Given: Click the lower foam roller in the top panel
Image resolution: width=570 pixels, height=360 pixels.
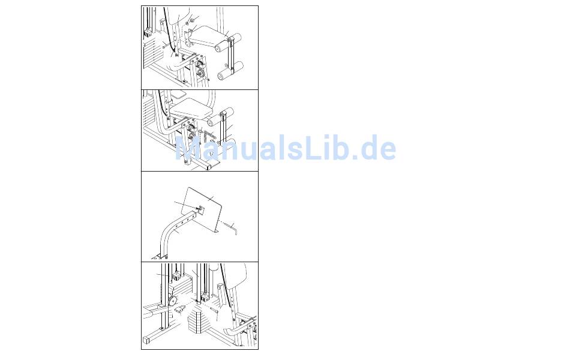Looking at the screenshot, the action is tap(230, 71).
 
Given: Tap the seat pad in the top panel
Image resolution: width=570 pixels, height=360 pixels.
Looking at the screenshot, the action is tap(208, 35).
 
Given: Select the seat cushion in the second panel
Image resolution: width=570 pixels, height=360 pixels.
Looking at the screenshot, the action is tap(191, 109).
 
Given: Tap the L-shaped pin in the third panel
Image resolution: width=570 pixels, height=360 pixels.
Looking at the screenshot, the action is tap(231, 229).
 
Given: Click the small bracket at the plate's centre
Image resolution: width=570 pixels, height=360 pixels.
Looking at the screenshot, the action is tap(200, 209).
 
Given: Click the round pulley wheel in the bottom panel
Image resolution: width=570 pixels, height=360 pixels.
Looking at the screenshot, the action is tap(172, 301).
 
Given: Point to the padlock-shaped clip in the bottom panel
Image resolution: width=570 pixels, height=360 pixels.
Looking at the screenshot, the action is tap(180, 310).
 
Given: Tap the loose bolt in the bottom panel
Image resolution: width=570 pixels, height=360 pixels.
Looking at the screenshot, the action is tap(214, 310).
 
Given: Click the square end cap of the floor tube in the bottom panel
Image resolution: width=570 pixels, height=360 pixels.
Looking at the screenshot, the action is tap(146, 340).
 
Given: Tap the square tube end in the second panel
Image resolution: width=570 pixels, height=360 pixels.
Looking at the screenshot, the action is tap(208, 167).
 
